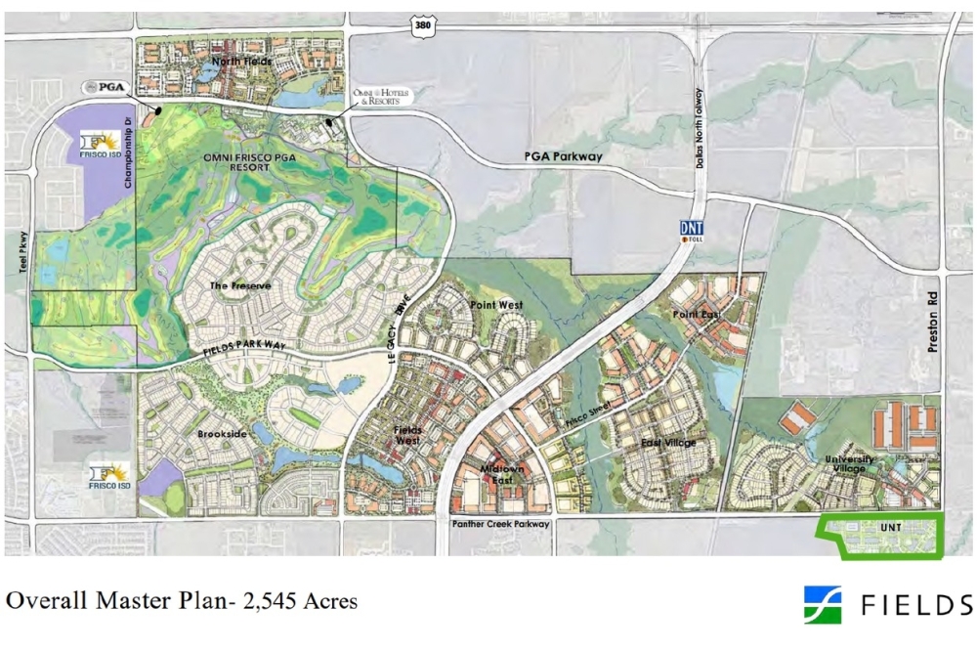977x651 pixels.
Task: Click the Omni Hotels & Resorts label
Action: click(x=382, y=96)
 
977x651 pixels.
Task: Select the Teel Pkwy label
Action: click(x=21, y=258)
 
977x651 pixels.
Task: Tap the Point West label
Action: click(x=497, y=306)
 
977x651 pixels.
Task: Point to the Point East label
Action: click(x=696, y=314)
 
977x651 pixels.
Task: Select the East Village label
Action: click(x=668, y=443)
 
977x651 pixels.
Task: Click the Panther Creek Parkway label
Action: click(x=501, y=525)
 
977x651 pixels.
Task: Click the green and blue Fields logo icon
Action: click(x=823, y=605)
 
